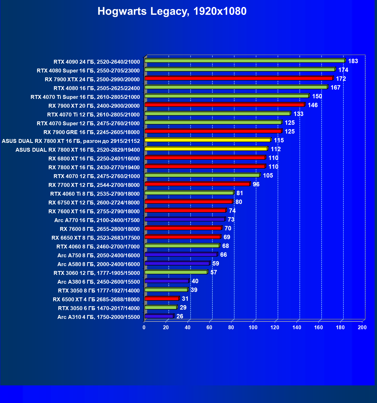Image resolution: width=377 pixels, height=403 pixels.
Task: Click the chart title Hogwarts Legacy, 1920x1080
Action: click(x=172, y=11)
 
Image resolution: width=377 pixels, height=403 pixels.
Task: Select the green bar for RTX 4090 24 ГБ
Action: click(x=245, y=61)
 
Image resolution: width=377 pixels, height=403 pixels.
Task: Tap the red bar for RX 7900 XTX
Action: click(x=239, y=78)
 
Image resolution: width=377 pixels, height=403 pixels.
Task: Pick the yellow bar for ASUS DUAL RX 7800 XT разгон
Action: click(x=208, y=140)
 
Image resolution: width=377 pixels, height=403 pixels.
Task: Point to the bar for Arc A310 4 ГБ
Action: click(x=159, y=316)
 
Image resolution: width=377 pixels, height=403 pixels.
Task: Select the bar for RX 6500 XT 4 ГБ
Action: click(x=162, y=299)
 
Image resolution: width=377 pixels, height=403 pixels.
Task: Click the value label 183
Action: click(x=353, y=61)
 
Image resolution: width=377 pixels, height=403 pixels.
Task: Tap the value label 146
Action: click(x=313, y=105)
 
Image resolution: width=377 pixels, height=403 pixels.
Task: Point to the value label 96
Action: click(x=256, y=184)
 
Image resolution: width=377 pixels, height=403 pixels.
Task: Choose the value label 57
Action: click(x=213, y=272)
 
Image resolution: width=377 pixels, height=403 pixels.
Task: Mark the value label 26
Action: click(x=180, y=316)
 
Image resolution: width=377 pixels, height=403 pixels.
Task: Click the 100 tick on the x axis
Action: click(x=253, y=327)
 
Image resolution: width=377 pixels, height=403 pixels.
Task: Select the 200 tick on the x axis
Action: click(x=362, y=327)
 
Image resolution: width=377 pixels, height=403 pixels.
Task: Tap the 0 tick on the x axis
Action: click(x=144, y=327)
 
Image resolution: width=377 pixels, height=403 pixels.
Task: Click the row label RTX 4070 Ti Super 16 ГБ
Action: click(x=85, y=97)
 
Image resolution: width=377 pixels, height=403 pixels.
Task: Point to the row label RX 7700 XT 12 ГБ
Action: click(x=94, y=185)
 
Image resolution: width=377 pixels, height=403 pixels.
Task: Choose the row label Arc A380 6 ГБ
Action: click(x=99, y=282)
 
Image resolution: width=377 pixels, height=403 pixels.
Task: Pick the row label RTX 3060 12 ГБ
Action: click(x=97, y=273)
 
